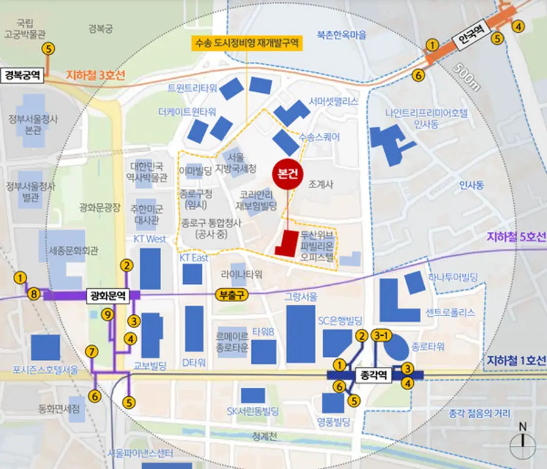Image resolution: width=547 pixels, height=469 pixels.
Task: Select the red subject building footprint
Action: click(x=287, y=243)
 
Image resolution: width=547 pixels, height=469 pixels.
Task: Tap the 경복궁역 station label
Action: click(x=22, y=76)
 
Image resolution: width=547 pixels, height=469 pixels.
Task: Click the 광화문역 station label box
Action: click(x=108, y=296)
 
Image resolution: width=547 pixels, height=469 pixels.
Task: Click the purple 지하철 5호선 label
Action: click(x=516, y=237)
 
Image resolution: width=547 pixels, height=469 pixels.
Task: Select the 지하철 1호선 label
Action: click(x=516, y=361)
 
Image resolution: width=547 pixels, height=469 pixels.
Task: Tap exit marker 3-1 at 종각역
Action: click(x=382, y=336)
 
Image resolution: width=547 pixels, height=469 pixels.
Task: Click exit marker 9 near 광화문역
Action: click(x=108, y=314)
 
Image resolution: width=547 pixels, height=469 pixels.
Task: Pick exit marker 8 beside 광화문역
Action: click(x=35, y=295)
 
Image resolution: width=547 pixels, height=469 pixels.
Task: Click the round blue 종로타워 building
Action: click(x=397, y=348)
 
